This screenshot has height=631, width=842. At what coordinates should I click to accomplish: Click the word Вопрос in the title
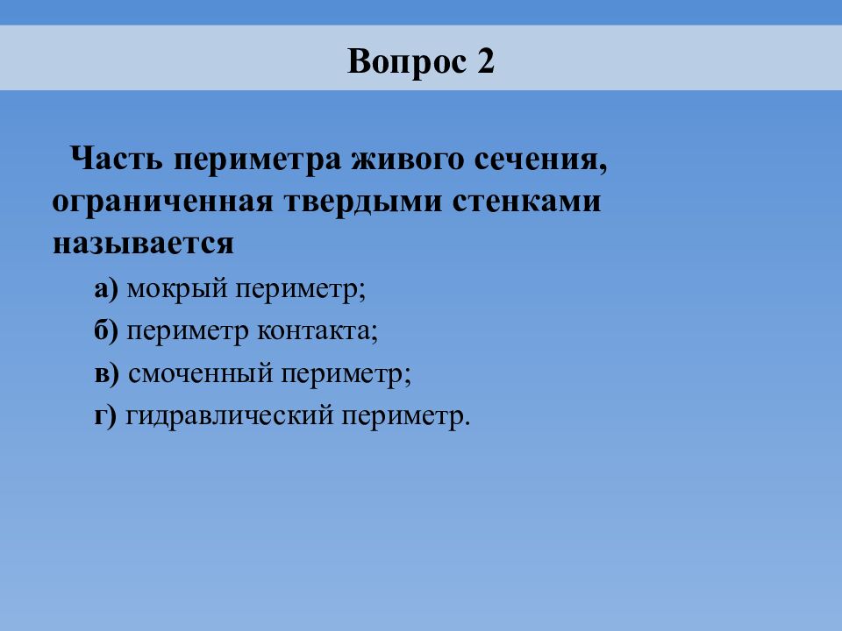pyautogui.click(x=406, y=61)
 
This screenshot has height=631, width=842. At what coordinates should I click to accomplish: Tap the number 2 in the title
pyautogui.click(x=485, y=60)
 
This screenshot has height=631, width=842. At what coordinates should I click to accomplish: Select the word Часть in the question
pyautogui.click(x=116, y=159)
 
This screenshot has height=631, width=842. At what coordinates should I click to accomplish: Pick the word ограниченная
pyautogui.click(x=162, y=202)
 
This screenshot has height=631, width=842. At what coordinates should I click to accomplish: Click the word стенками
pyautogui.click(x=526, y=202)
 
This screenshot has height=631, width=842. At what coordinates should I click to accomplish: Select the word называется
pyautogui.click(x=143, y=244)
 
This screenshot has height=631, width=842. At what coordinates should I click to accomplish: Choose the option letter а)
pyautogui.click(x=106, y=290)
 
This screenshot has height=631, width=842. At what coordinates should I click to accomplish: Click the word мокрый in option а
pyautogui.click(x=177, y=290)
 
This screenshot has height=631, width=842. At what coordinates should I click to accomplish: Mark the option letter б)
pyautogui.click(x=106, y=330)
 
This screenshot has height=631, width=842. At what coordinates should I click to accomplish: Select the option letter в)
pyautogui.click(x=107, y=374)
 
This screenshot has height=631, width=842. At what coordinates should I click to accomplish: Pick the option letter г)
pyautogui.click(x=105, y=417)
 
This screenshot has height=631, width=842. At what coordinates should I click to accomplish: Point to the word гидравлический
pyautogui.click(x=229, y=416)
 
